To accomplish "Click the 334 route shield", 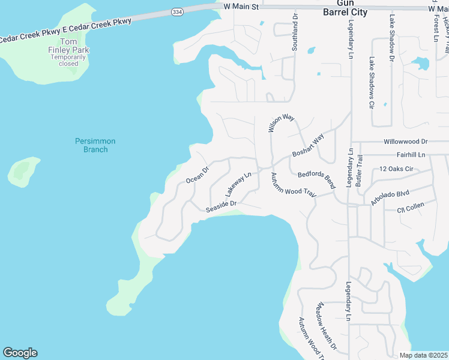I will coord(176,11).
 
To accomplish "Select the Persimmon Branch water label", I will coord(95,145).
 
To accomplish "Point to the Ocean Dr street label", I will coord(197,174).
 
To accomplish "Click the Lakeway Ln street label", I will coord(237,184).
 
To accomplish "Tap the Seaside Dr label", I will coord(221,206).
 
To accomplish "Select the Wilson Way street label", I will coord(280,122).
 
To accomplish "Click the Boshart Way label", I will coord(308,146).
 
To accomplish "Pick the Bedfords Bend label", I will coord(316,179).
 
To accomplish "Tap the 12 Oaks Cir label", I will coord(397,169).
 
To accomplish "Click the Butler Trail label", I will coord(360,169).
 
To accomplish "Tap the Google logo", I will coord(20,353).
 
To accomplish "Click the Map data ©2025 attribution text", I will coord(423,355).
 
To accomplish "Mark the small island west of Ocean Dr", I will coord(24,171).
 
